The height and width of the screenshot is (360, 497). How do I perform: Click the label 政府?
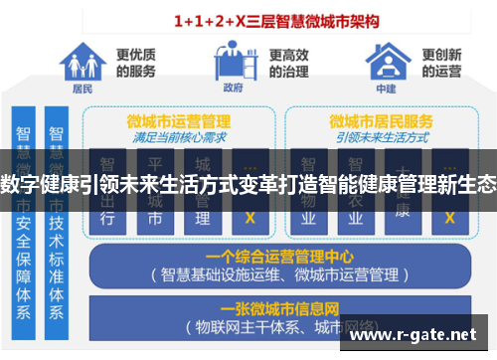(x=235, y=89)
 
